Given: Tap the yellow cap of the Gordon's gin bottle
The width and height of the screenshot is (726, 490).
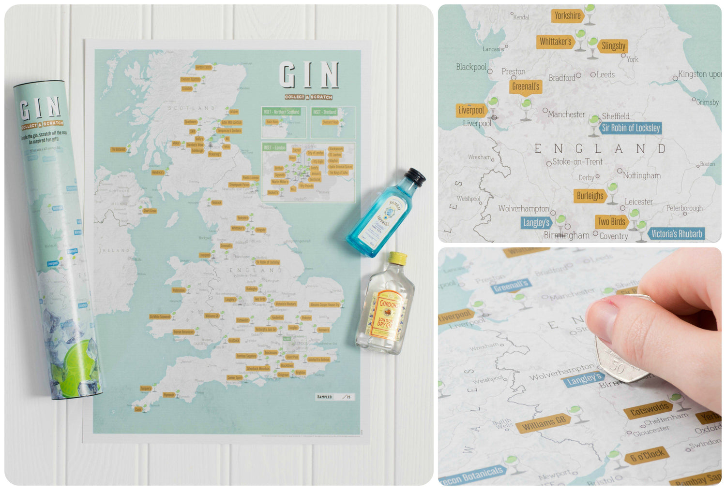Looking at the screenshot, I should click(x=398, y=258).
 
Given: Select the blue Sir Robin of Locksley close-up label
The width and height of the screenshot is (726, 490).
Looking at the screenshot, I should click(x=631, y=128).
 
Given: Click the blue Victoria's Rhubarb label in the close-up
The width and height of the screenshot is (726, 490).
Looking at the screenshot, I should click(x=676, y=234).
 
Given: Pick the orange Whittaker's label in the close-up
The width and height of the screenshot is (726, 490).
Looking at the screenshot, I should click(x=555, y=42).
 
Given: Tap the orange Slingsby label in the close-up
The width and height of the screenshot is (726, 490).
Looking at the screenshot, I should click(x=613, y=46).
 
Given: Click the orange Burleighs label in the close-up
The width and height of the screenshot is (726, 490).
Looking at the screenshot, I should click(x=590, y=196).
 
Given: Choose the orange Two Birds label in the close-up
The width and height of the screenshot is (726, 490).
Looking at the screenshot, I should click(x=611, y=222).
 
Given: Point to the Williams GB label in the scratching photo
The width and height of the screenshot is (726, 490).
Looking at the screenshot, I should click(x=544, y=423).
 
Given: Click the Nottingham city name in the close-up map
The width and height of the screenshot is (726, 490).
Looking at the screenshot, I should click(x=641, y=175).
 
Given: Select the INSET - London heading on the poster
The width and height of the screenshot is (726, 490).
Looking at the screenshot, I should click(x=274, y=147).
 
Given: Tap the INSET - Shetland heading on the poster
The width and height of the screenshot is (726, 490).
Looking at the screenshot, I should click(x=324, y=112).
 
